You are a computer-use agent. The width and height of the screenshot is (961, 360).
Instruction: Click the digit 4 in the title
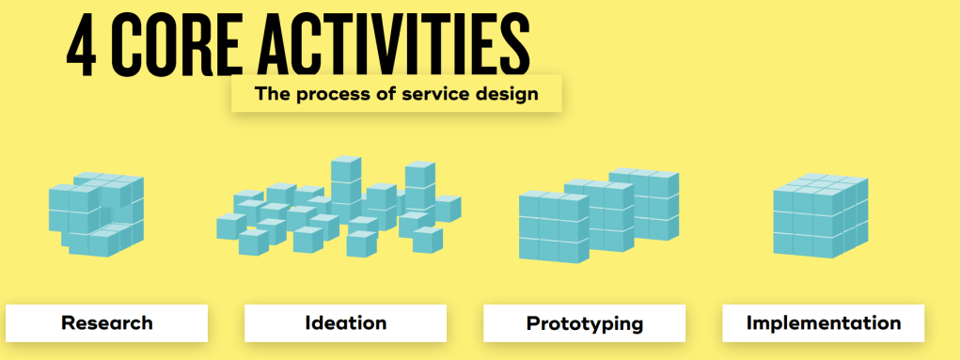(x=83, y=46)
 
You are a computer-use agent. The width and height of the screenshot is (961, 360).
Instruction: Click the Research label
(x=106, y=322)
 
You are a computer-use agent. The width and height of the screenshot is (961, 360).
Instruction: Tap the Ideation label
(x=346, y=322)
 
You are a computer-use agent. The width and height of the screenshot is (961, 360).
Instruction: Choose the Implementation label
(x=823, y=322)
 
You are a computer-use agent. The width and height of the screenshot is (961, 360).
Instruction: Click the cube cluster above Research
(x=96, y=214)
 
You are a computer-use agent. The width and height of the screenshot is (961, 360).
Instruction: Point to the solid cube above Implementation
(x=821, y=215)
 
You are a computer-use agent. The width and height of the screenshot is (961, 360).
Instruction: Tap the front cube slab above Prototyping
(x=554, y=227)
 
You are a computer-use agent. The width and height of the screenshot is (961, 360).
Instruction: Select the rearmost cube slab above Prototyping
(x=643, y=204)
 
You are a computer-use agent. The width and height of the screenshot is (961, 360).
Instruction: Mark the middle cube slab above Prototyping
(x=599, y=215)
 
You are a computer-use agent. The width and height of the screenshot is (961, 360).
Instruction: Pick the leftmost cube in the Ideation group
(x=231, y=226)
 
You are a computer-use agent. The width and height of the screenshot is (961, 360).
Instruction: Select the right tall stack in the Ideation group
(x=419, y=187)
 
